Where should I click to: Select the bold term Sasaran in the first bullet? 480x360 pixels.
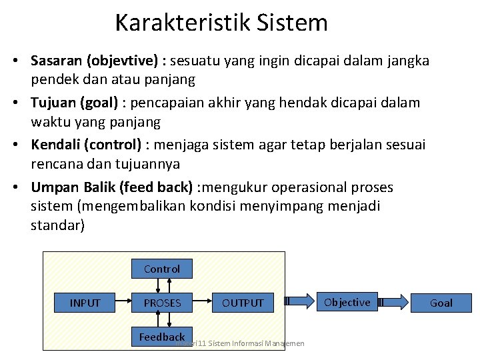coord(55,61)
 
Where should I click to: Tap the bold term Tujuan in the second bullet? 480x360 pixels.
coord(53,103)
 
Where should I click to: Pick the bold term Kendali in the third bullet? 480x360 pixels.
coord(55,145)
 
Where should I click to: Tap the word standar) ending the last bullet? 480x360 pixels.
coord(58,225)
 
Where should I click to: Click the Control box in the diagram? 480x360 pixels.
coord(162,269)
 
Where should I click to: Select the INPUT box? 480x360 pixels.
coord(85,303)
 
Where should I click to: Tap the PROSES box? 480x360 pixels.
coord(162,303)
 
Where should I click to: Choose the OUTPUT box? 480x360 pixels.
coord(243,303)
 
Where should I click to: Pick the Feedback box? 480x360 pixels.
coord(162,337)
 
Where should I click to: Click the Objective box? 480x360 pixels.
coord(347,302)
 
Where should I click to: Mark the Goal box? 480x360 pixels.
coord(441,303)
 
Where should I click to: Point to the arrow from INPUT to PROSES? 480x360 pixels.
coord(125,303)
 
